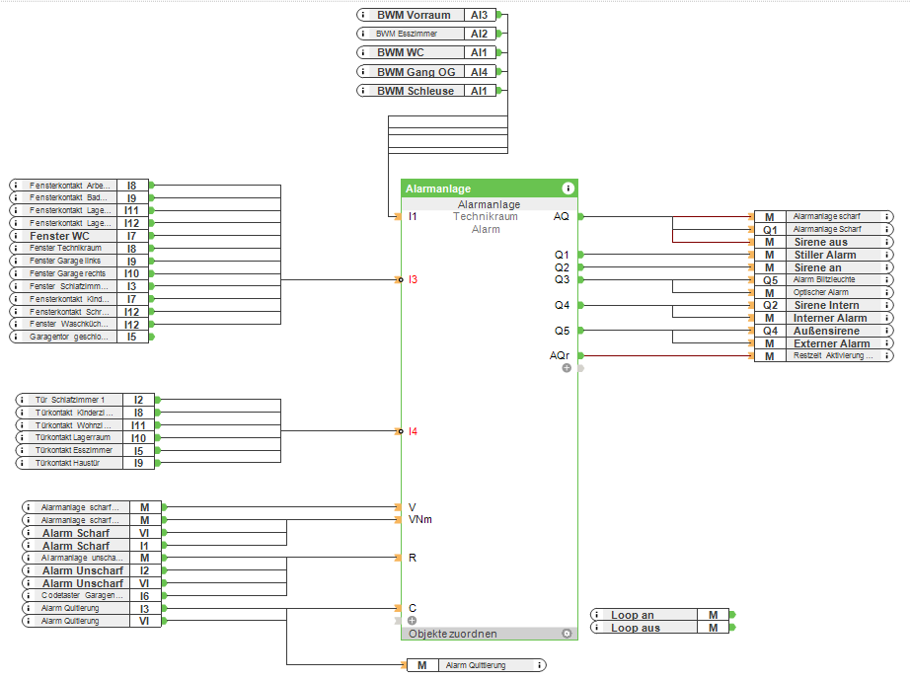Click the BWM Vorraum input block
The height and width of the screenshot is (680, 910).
pos(415,15)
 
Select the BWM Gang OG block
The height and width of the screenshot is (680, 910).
pos(415,72)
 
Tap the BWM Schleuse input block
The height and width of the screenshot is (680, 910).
pos(415,91)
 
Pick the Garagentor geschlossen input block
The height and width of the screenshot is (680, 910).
pos(69,337)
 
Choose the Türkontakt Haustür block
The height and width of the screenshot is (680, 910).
pos(75,463)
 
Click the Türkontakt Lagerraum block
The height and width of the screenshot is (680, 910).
pos(75,437)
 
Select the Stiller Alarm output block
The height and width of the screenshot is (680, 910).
pos(824,255)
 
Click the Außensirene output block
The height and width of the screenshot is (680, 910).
pos(826,331)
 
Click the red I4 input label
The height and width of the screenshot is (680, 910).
pos(414,431)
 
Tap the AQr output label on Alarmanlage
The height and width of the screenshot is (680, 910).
pos(560,355)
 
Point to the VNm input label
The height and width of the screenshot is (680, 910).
pos(419,519)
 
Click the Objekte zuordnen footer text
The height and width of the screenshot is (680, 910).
pos(453,634)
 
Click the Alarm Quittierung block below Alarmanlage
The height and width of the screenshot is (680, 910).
pos(475,665)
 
